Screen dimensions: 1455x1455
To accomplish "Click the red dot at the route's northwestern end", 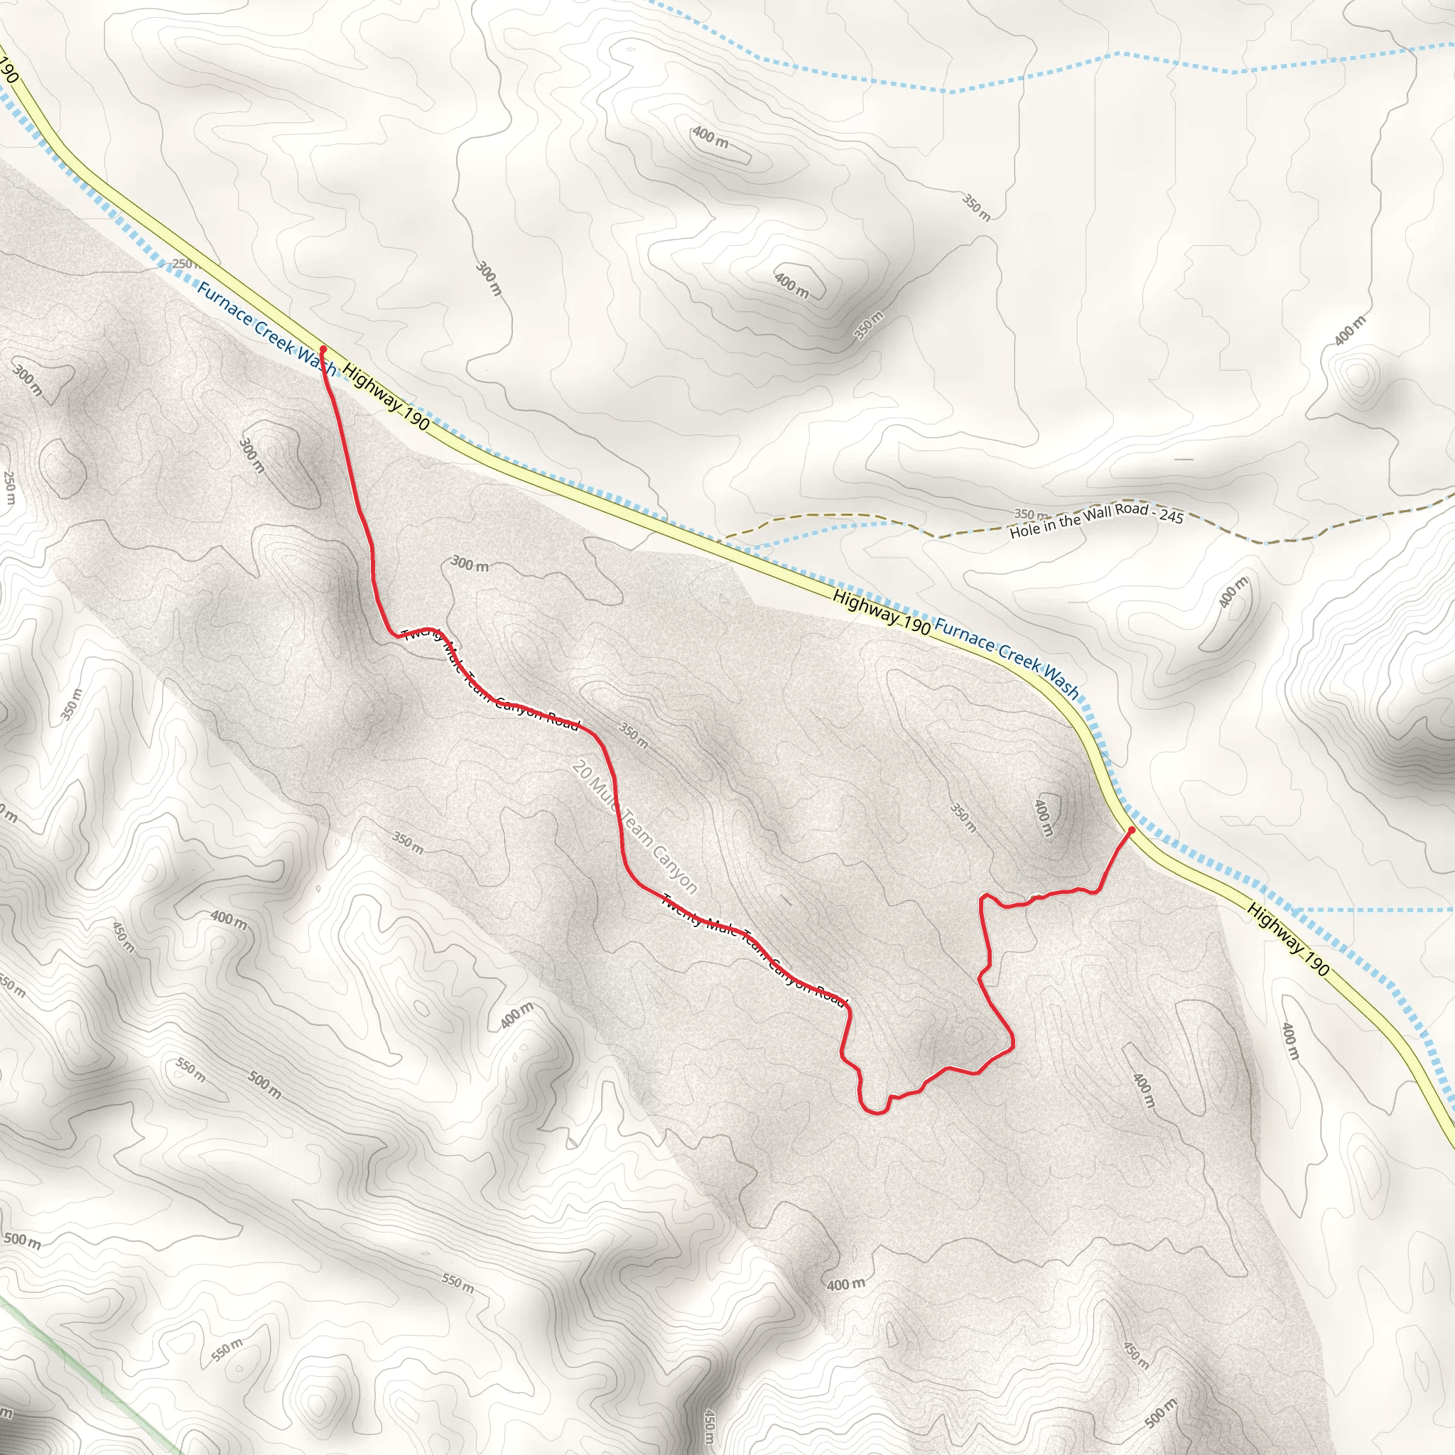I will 323,350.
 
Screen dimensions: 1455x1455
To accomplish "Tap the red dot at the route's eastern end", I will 1131,830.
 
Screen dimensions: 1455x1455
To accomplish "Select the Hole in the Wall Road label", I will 1096,519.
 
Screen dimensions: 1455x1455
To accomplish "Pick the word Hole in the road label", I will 1024,530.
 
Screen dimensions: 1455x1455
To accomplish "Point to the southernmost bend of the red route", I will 874,1113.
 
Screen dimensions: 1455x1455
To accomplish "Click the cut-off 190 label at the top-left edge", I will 8,70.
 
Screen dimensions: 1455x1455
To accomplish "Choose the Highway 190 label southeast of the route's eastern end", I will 1288,939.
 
